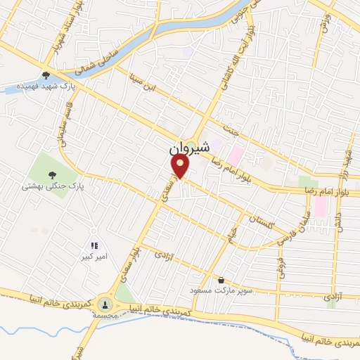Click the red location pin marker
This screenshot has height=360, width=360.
coord(181,166)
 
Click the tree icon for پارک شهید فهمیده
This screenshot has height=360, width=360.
coord(46,75)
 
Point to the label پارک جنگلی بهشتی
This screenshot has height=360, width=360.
coord(52,187)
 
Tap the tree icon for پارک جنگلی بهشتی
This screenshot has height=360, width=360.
coord(51,174)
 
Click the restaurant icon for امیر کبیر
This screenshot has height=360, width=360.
coord(94,245)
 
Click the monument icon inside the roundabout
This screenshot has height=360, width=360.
coord(105,304)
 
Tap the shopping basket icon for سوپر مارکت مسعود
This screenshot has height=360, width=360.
coord(221,279)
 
